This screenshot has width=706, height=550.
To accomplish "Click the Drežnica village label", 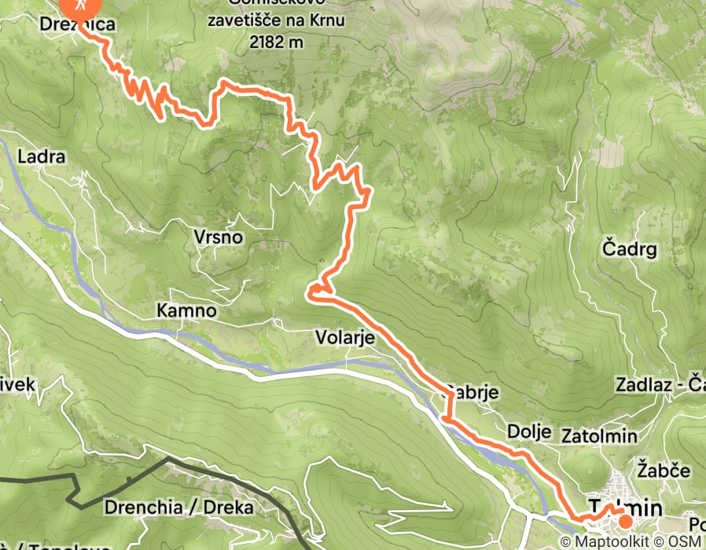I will coord(77,24).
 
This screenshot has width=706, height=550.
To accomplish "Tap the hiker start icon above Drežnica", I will coord(81,6).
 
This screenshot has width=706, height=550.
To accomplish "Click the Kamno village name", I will coord(186,310).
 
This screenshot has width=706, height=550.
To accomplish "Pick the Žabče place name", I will coord(664,470).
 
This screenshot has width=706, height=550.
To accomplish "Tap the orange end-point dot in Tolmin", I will coord(625,520).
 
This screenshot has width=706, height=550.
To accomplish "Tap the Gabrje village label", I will coord(471,392).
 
